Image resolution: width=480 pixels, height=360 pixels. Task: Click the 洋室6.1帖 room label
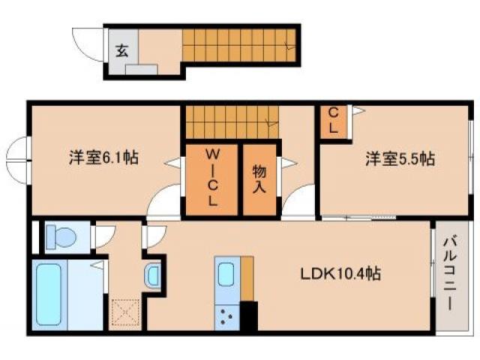coord(103,158)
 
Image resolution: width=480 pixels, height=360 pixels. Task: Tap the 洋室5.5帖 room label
coord(400,159)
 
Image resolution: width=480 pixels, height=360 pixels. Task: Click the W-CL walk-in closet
coord(212,178)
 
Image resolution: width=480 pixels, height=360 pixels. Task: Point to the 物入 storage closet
coord(259,178)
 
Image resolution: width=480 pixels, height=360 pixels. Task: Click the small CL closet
coord(334,121)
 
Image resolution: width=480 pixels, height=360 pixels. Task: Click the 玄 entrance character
coord(121,51)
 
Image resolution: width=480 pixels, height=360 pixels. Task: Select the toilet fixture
coord(61,238)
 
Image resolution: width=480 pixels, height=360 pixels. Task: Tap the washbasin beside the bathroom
coord(154,275)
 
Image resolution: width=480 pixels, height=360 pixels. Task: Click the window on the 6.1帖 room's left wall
coord(18,157)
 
